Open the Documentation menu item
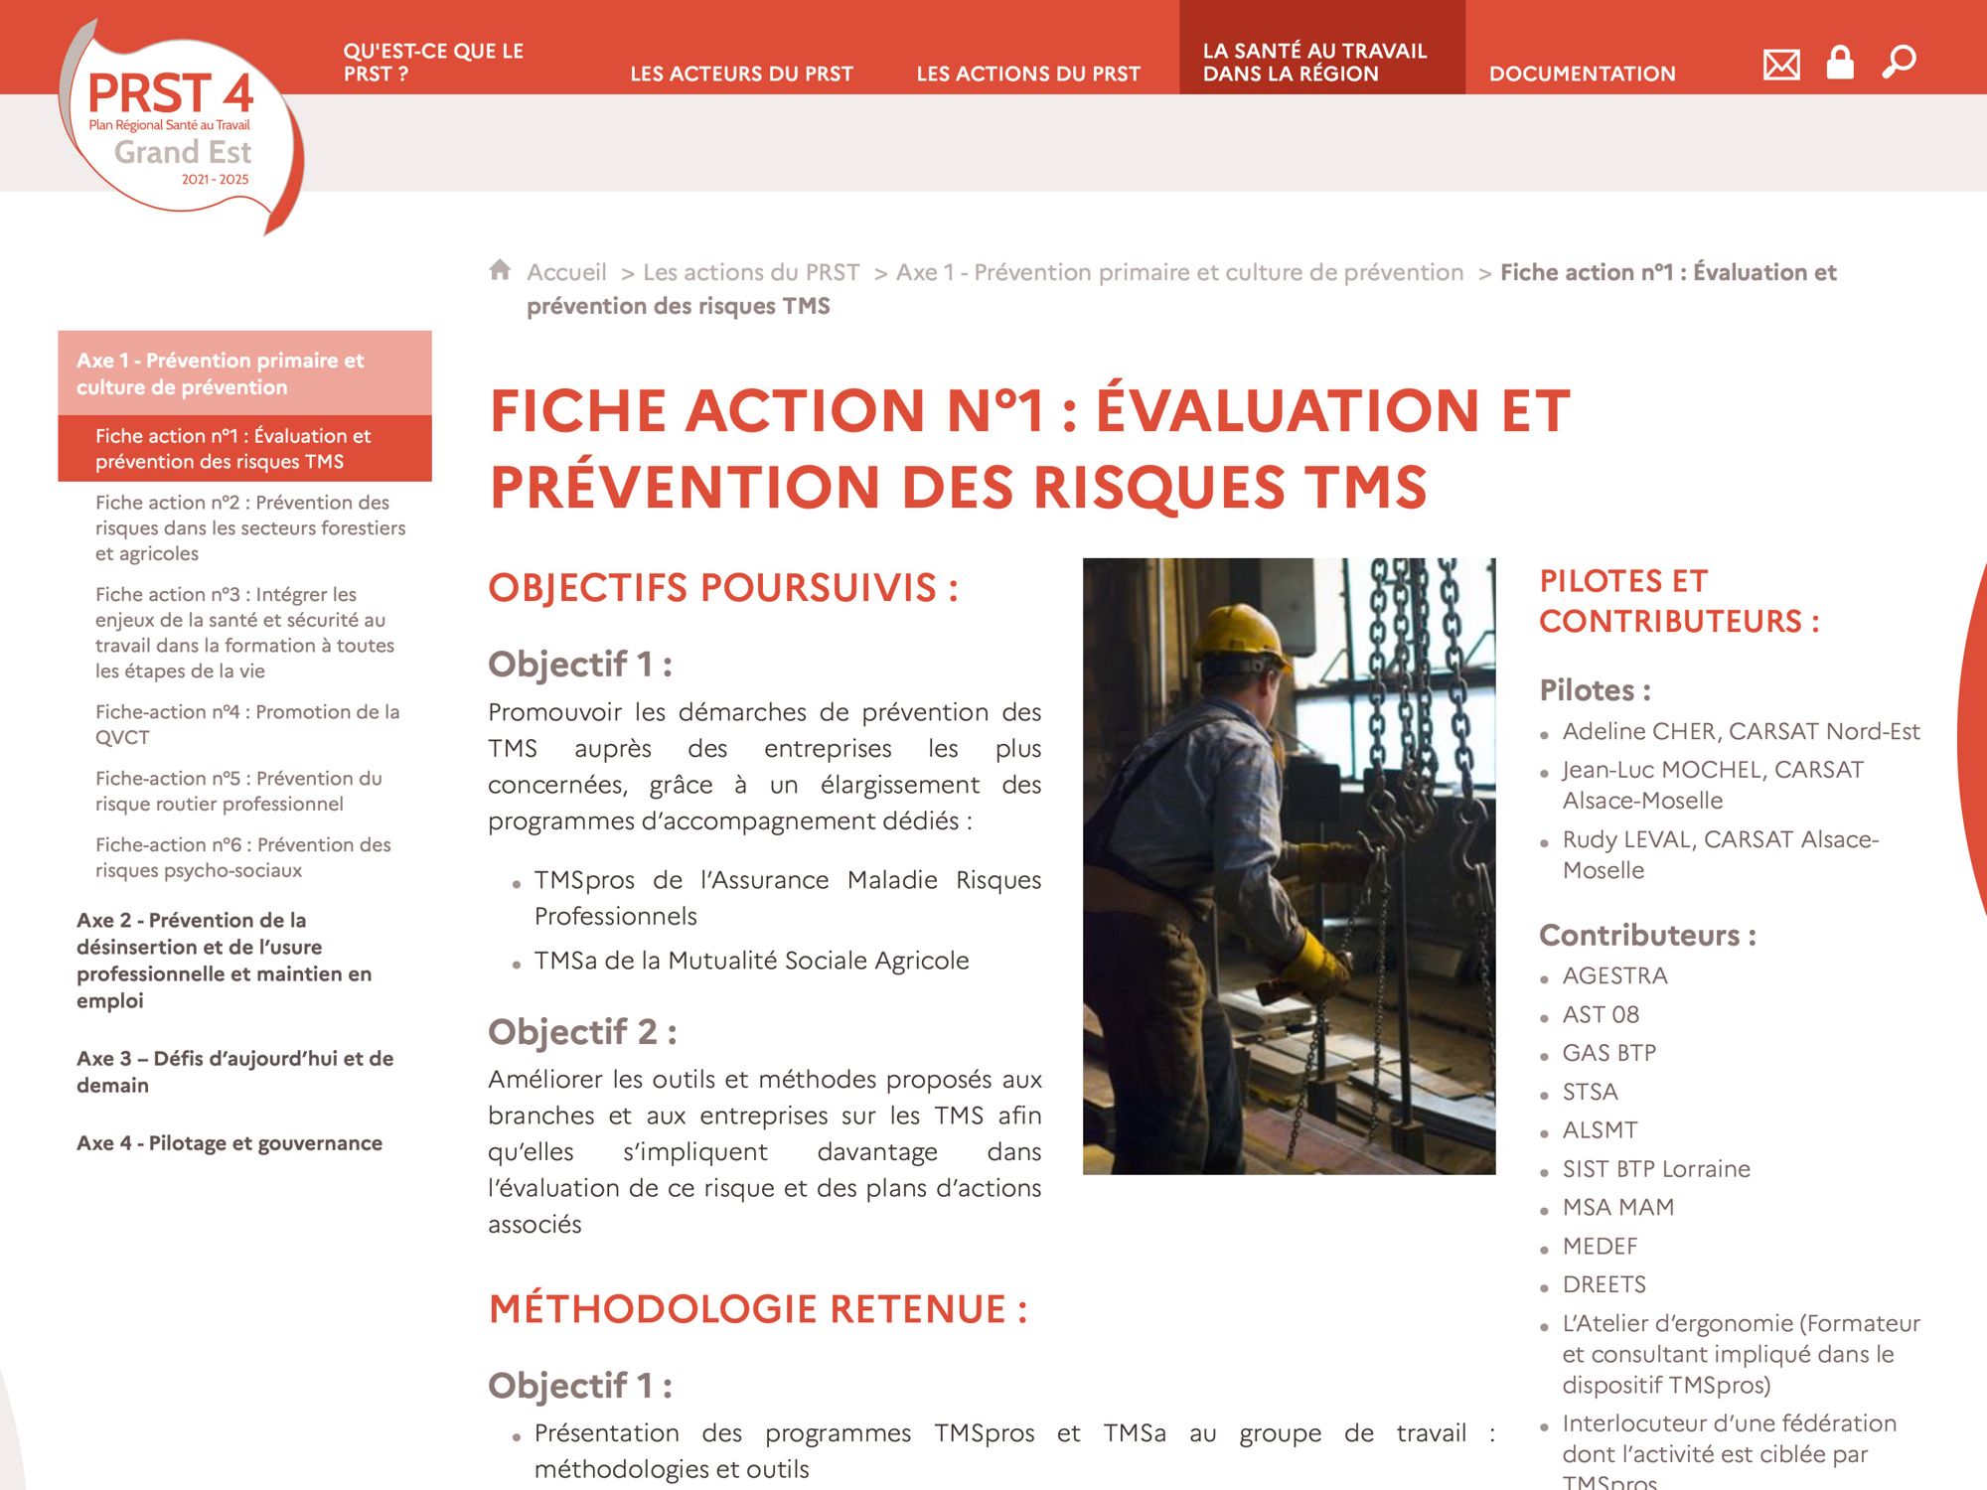(1582, 74)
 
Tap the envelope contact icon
(1780, 65)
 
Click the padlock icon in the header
(1840, 63)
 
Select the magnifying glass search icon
(1899, 63)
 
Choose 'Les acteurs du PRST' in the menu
(741, 74)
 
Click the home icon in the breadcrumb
(500, 270)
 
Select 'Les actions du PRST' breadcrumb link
(751, 272)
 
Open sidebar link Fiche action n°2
(249, 527)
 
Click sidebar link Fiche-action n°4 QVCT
(246, 724)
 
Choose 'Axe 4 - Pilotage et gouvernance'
(229, 1143)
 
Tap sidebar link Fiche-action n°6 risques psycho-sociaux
(242, 857)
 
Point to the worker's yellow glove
(1317, 965)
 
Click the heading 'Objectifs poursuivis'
(722, 588)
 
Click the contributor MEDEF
(1600, 1247)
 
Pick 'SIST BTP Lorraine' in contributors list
(1656, 1169)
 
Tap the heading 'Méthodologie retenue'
(757, 1309)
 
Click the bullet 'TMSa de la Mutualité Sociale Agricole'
(751, 961)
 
